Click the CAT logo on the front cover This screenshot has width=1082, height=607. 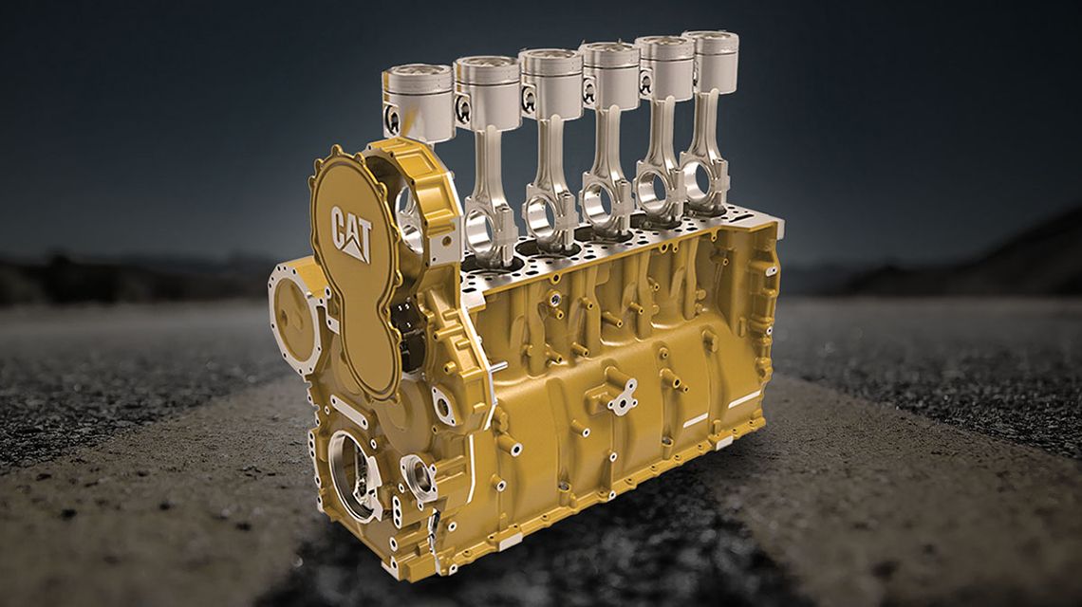pos(351,230)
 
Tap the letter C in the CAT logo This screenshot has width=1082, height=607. pos(339,224)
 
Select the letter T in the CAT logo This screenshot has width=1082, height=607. pos(365,232)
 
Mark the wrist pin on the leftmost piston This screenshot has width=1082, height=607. pos(393,120)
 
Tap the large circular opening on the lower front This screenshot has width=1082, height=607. pos(353,474)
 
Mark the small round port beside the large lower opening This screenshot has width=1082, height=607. pos(418,474)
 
